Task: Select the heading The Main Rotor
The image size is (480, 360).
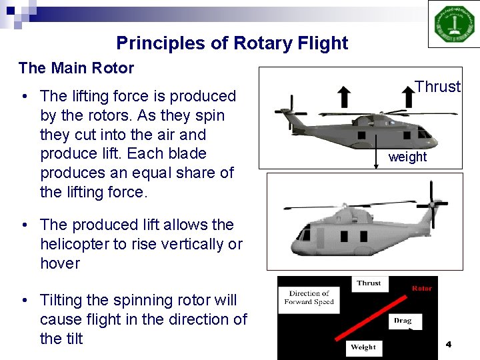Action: [76, 68]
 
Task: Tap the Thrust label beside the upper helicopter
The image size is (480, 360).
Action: [437, 87]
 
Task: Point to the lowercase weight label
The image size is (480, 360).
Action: [407, 157]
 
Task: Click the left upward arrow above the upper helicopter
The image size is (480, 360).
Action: [344, 97]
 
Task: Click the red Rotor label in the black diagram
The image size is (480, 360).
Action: [421, 289]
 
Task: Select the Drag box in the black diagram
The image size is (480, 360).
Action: [403, 321]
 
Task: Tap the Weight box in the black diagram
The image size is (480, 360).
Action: [363, 347]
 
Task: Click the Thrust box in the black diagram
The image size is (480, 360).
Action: [369, 283]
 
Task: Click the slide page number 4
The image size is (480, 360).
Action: [448, 344]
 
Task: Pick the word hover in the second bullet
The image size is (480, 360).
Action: [60, 263]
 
